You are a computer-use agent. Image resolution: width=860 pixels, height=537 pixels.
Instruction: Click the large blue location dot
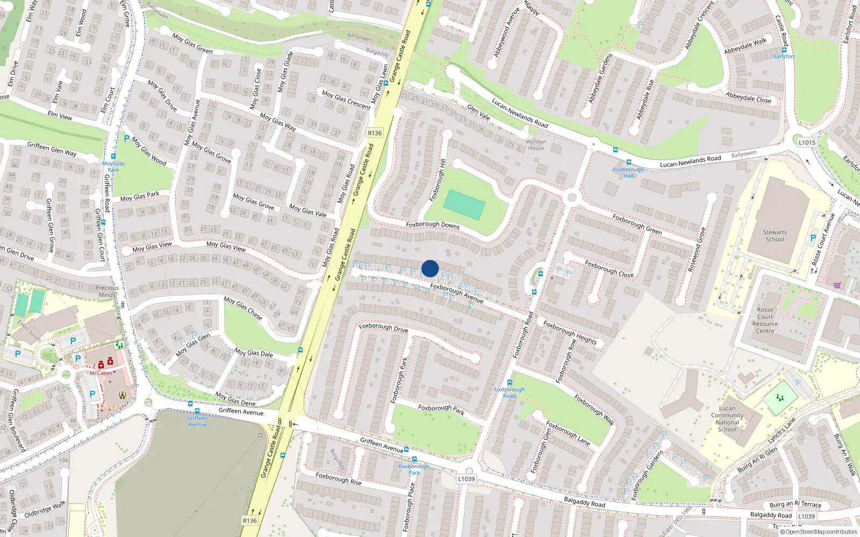point(430,268)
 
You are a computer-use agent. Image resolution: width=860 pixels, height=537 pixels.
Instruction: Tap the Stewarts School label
point(775,236)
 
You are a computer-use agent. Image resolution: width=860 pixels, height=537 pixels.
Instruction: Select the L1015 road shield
point(807,142)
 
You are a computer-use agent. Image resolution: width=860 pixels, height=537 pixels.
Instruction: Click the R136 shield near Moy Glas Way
point(375,133)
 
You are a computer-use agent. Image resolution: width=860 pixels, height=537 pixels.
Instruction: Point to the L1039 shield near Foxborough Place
point(467,478)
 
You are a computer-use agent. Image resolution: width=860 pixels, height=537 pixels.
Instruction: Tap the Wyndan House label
point(536,145)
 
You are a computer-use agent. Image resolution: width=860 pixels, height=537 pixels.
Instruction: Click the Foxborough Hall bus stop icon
point(628,162)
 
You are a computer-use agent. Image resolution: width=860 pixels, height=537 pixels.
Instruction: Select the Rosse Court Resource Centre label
point(765,320)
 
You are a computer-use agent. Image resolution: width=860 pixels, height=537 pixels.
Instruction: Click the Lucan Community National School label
point(727,419)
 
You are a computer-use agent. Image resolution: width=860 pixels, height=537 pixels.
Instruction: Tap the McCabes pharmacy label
point(101,373)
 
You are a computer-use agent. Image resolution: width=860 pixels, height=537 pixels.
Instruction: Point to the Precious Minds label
point(107,291)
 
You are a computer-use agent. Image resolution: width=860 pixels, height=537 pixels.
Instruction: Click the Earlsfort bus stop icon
point(784,50)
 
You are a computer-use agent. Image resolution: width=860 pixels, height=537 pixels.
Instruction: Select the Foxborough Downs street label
point(433,224)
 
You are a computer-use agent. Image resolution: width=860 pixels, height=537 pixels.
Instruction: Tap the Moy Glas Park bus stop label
point(113,166)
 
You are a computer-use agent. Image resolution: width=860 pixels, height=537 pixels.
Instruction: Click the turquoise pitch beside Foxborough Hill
point(464,205)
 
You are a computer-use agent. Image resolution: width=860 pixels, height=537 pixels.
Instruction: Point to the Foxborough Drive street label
point(383,327)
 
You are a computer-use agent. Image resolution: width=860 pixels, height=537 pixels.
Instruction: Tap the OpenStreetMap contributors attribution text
point(819,532)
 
